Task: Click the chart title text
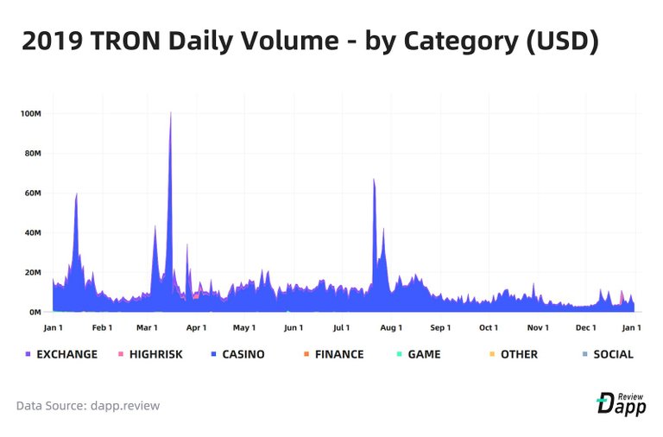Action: point(310,40)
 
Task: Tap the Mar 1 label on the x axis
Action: point(148,328)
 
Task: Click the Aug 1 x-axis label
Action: point(391,328)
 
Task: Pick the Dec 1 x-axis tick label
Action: point(586,328)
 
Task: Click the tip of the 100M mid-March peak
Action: point(170,113)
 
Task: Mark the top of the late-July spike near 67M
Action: point(374,180)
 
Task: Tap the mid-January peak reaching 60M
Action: point(77,194)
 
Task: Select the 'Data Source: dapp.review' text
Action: point(88,405)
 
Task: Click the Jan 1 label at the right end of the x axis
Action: point(631,328)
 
